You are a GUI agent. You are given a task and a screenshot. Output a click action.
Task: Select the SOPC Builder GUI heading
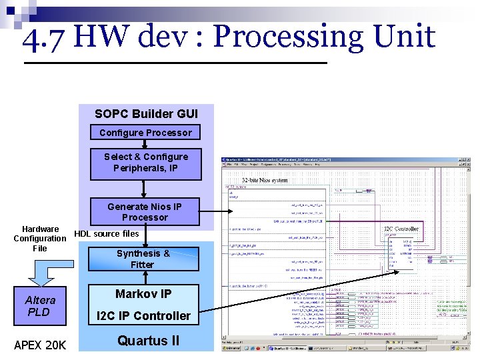146,114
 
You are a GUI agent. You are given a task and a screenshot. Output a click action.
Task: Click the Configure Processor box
145,133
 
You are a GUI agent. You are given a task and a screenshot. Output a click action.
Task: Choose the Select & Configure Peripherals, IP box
145,163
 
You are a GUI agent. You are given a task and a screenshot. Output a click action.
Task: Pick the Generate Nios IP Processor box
145,212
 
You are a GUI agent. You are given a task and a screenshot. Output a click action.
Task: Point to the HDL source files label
107,233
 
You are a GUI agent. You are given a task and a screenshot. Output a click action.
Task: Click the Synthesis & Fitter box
143,259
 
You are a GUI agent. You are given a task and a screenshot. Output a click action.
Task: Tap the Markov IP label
143,294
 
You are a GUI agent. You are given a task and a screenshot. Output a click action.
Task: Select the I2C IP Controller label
143,315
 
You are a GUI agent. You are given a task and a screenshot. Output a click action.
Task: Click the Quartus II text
148,341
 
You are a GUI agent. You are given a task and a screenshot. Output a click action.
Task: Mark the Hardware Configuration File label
40,238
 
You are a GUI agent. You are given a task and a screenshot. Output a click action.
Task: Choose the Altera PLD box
40,306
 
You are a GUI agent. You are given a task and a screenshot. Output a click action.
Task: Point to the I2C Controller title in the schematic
401,229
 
